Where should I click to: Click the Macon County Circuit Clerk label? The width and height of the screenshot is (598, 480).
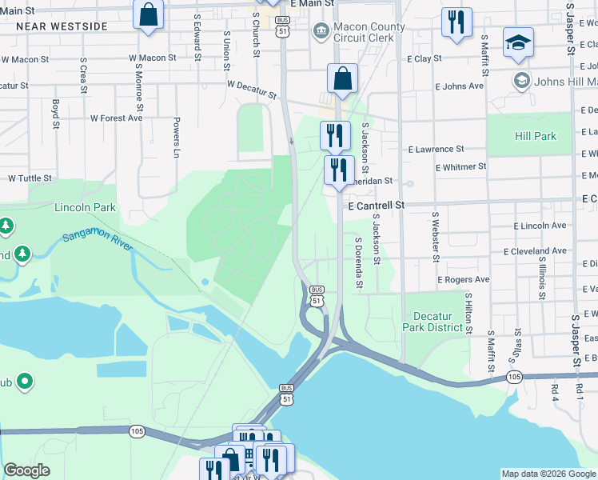pyautogui.click(x=369, y=32)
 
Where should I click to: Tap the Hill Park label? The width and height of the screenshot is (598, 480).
pyautogui.click(x=535, y=136)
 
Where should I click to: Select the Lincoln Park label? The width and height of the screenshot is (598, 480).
pyautogui.click(x=85, y=207)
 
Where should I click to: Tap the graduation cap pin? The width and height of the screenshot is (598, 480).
pyautogui.click(x=518, y=43)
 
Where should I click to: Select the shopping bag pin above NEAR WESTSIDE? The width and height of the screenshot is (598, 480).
pyautogui.click(x=149, y=15)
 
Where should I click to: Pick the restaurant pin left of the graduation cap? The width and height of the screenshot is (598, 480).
pyautogui.click(x=456, y=23)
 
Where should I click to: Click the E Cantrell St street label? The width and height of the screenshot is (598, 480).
pyautogui.click(x=376, y=205)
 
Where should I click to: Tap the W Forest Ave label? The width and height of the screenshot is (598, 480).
pyautogui.click(x=116, y=118)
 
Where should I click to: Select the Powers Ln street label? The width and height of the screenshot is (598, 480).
pyautogui.click(x=177, y=137)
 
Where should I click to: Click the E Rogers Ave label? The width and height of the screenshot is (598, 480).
pyautogui.click(x=463, y=279)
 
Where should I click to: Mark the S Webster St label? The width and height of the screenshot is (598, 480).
pyautogui.click(x=436, y=236)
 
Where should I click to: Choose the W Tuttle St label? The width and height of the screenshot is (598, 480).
pyautogui.click(x=30, y=178)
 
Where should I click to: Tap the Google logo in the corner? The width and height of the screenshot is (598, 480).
pyautogui.click(x=26, y=470)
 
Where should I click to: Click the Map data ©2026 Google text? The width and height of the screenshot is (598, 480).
pyautogui.click(x=548, y=474)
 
